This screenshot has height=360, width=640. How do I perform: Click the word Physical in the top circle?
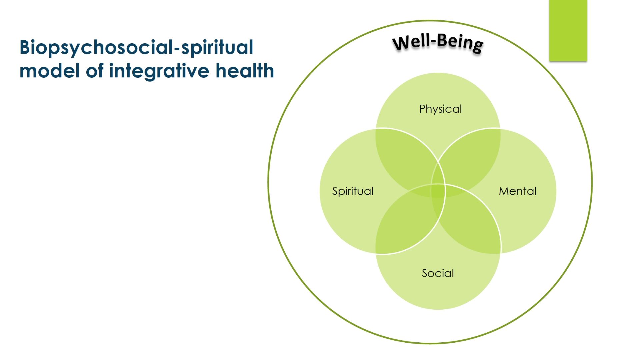click(x=440, y=109)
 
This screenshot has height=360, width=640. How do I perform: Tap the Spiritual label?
click(x=353, y=191)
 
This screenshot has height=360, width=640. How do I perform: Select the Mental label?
click(x=518, y=191)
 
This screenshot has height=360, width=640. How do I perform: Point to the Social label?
click(x=438, y=273)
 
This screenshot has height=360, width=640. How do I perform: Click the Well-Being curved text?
click(x=438, y=43)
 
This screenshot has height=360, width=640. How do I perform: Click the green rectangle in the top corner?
click(x=568, y=31)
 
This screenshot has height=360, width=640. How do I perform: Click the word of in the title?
click(x=95, y=71)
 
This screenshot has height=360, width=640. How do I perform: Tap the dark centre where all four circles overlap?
click(x=438, y=191)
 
